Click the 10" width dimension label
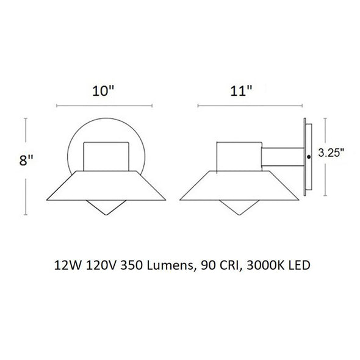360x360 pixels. [x=103, y=91]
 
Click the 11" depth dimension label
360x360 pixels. [x=241, y=91]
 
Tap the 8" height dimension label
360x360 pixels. [x=26, y=160]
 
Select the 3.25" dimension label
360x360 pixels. [x=331, y=153]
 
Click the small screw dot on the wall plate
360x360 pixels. [x=309, y=157]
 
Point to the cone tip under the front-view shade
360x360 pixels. [x=106, y=215]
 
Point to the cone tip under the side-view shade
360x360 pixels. [x=239, y=215]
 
